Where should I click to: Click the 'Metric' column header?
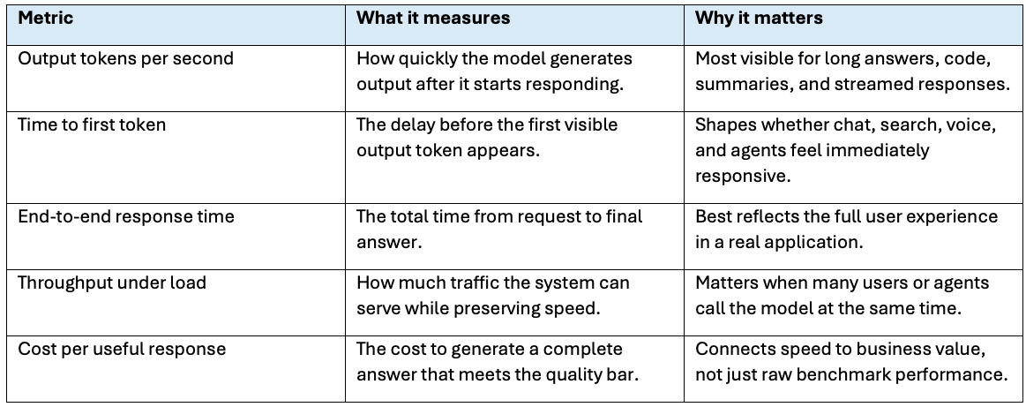[x=45, y=18]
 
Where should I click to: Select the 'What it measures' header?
[x=433, y=18]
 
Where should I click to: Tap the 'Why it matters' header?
[x=759, y=18]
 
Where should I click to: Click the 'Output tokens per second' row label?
[x=125, y=59]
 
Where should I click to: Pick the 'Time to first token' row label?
[x=92, y=124]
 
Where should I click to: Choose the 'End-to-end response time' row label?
[x=125, y=216]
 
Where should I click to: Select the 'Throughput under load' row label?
[x=112, y=283]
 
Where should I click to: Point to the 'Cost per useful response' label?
[x=122, y=349]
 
